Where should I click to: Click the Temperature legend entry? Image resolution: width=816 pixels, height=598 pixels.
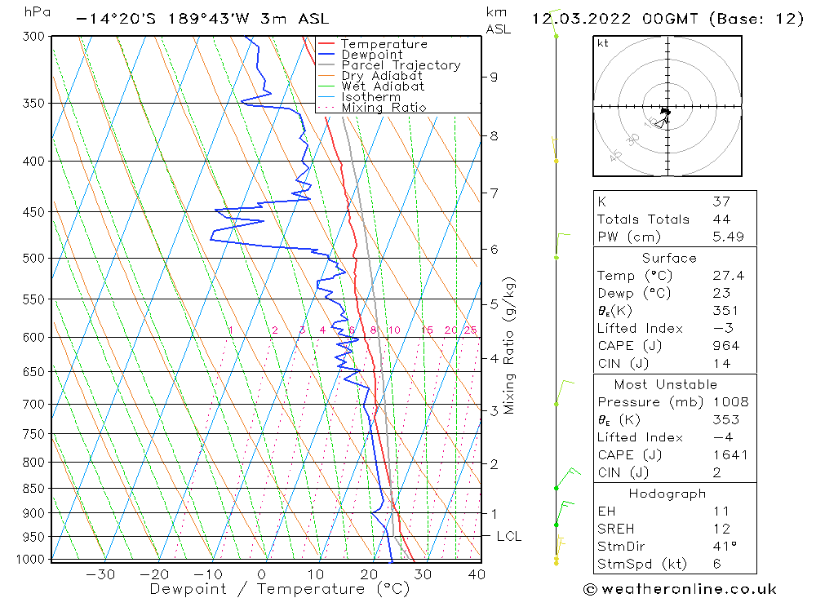[384, 44]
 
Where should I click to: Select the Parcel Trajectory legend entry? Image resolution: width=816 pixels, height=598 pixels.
[400, 65]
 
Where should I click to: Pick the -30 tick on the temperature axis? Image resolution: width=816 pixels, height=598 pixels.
[100, 574]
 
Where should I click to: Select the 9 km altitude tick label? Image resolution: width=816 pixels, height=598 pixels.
[494, 77]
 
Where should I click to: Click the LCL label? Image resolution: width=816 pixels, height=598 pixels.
[508, 536]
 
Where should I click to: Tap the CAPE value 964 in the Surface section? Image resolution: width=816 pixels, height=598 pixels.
[725, 346]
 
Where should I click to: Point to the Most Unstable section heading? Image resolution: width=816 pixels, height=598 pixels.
[665, 384]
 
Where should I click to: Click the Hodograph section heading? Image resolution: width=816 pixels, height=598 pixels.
[667, 494]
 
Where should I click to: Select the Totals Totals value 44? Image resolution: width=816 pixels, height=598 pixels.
[721, 219]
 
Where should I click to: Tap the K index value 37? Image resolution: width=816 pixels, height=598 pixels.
[721, 201]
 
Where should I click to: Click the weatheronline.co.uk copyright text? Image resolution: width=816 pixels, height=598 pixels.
[680, 588]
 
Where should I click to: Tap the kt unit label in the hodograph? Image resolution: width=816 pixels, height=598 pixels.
[602, 43]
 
